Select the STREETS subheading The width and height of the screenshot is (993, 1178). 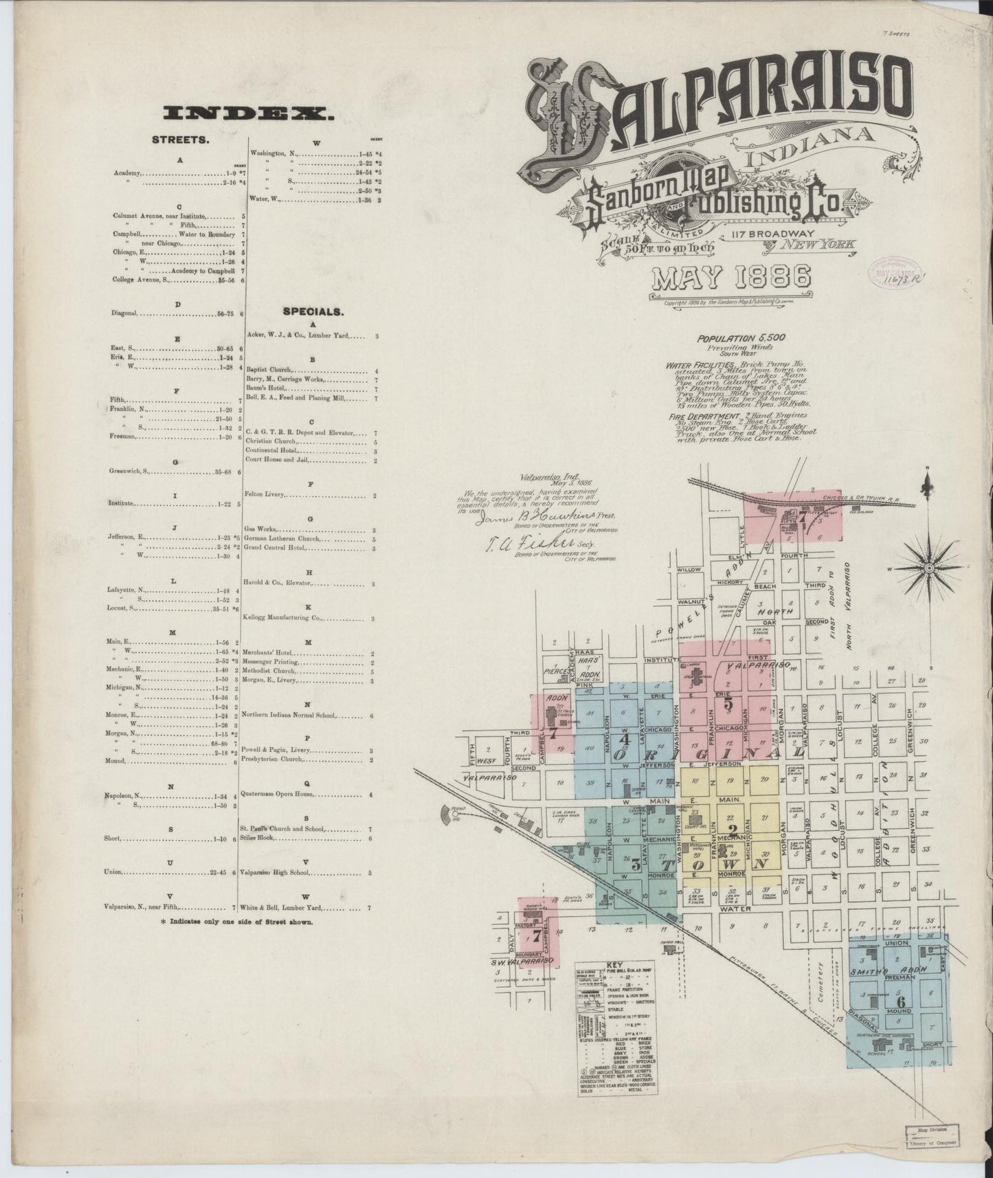click(179, 140)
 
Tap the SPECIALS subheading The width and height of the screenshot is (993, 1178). click(313, 311)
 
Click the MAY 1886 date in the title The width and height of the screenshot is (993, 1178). click(731, 278)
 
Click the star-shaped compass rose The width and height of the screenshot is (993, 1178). click(928, 568)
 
